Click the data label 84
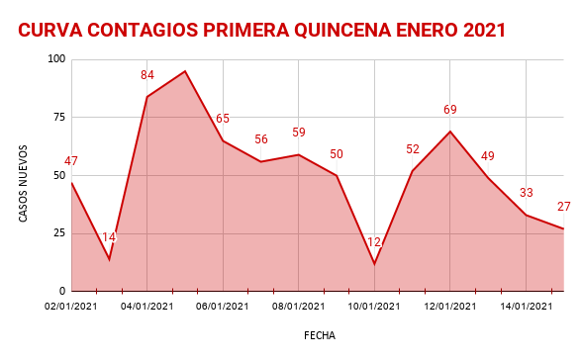(x=147, y=75)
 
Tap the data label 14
(x=109, y=237)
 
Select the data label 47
(x=71, y=161)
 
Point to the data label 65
(x=223, y=119)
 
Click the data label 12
(x=374, y=242)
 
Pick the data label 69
(x=450, y=110)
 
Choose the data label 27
(x=564, y=207)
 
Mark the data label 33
(x=527, y=193)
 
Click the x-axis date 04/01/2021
(x=147, y=307)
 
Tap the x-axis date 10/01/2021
(x=374, y=307)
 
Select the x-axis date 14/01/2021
(x=526, y=307)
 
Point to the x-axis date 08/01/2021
(x=299, y=307)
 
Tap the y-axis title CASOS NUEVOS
(x=24, y=183)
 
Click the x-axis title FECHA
(x=320, y=335)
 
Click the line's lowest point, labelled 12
(x=374, y=264)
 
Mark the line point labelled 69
(x=450, y=132)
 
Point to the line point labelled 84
(x=147, y=97)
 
